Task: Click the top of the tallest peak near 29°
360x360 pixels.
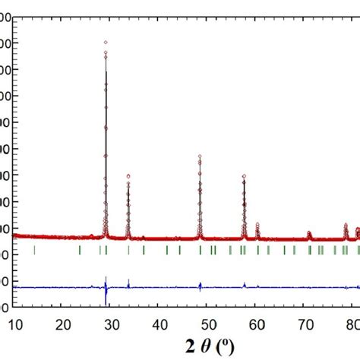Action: click(x=106, y=43)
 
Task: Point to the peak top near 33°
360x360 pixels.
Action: click(x=128, y=175)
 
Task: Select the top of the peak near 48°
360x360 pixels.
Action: click(x=200, y=156)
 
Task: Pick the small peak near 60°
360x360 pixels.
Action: click(x=257, y=224)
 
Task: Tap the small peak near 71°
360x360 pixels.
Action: click(x=309, y=232)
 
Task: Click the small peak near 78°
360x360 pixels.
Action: click(x=346, y=225)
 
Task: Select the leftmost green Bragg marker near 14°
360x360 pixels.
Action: click(x=34, y=250)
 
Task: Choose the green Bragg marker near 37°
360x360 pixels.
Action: click(x=144, y=250)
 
